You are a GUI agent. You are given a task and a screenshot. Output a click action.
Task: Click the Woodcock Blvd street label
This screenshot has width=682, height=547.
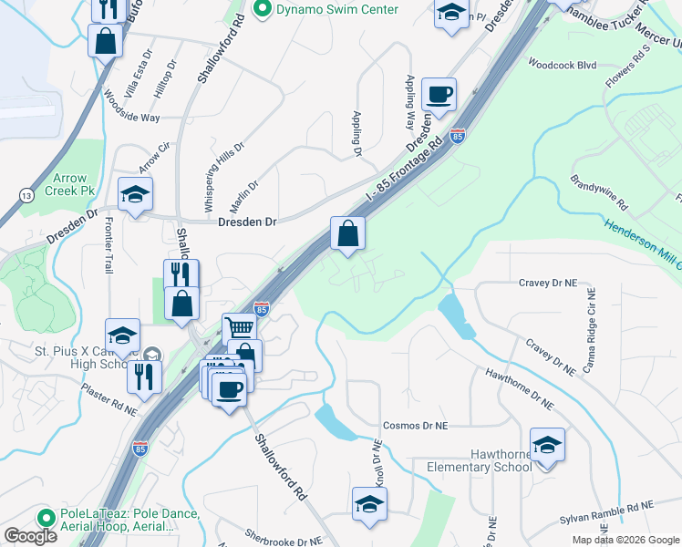(x=562, y=65)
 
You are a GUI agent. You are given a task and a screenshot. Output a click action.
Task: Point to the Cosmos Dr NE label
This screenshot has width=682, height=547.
(x=416, y=426)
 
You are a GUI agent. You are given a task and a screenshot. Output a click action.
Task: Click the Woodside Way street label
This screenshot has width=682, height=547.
(x=131, y=107)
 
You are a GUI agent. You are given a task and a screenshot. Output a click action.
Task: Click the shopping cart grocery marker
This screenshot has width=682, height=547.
(x=238, y=326)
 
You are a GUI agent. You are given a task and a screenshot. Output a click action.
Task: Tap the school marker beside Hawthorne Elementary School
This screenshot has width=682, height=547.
(x=547, y=444)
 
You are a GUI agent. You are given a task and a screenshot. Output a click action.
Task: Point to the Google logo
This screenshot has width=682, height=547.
(x=30, y=536)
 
